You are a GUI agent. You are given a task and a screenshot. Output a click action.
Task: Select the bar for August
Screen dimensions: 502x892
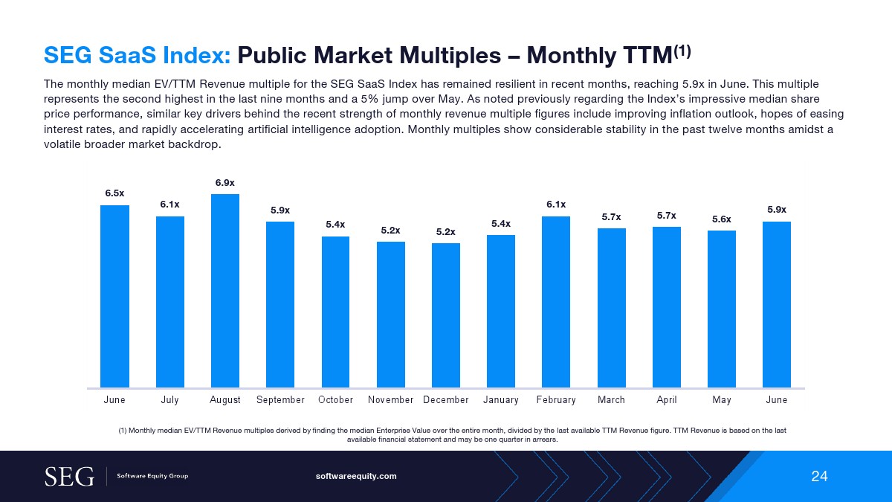225,291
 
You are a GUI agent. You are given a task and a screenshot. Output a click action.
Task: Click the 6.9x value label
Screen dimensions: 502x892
225,182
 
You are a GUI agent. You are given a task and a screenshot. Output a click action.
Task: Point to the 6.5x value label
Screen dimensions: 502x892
114,193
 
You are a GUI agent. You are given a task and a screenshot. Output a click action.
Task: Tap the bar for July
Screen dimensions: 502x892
170,302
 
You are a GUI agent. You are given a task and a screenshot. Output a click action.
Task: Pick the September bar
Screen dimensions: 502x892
280,305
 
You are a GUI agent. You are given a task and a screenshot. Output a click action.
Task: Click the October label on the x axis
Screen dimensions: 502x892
335,400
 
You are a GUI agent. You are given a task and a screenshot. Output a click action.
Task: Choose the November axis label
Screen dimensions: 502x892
390,400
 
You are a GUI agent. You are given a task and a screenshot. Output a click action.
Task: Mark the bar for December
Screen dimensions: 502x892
446,315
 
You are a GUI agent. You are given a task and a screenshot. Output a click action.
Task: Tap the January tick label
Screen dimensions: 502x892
501,400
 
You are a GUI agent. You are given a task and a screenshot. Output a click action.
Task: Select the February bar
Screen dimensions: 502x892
556,302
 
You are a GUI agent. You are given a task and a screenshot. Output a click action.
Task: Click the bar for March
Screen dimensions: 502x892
611,308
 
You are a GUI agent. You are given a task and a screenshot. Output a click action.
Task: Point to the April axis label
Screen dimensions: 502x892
667,400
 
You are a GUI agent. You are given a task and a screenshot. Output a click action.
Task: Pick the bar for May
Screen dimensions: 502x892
722,309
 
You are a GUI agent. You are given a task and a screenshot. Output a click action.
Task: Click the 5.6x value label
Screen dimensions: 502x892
722,219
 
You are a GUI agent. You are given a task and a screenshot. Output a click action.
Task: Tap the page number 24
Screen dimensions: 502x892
819,476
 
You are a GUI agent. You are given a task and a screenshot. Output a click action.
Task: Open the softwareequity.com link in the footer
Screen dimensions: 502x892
357,476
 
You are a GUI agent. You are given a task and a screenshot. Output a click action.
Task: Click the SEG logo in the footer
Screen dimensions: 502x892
69,476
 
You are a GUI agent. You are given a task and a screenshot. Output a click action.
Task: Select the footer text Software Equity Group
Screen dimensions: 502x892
152,476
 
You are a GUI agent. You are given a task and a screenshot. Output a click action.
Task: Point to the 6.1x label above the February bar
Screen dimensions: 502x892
556,205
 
